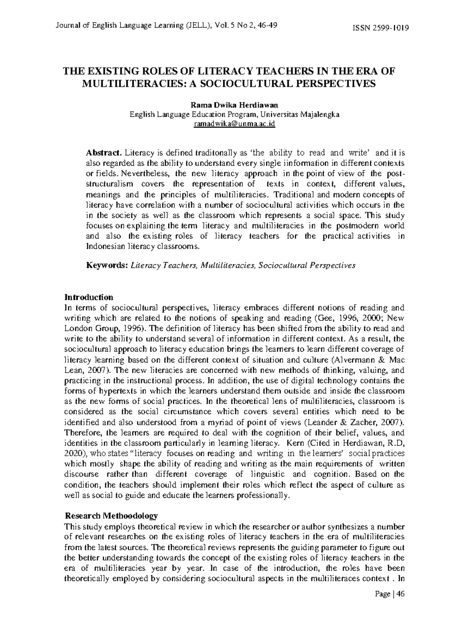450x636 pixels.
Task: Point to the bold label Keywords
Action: (x=107, y=266)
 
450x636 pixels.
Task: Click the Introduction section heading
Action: (x=89, y=297)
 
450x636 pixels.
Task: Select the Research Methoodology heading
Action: (x=111, y=516)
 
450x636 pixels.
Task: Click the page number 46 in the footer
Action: (x=400, y=595)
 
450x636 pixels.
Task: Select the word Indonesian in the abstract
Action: (x=106, y=247)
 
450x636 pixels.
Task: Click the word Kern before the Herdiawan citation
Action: (x=294, y=443)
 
